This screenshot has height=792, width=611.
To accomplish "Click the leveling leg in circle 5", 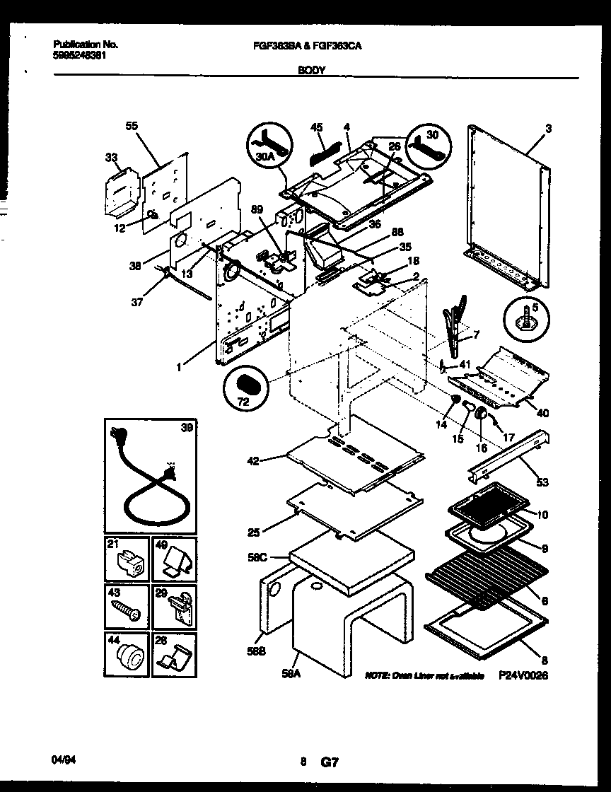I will (527, 318).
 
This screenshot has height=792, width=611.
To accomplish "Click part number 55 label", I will (132, 126).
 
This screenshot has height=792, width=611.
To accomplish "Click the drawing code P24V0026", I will (523, 676).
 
